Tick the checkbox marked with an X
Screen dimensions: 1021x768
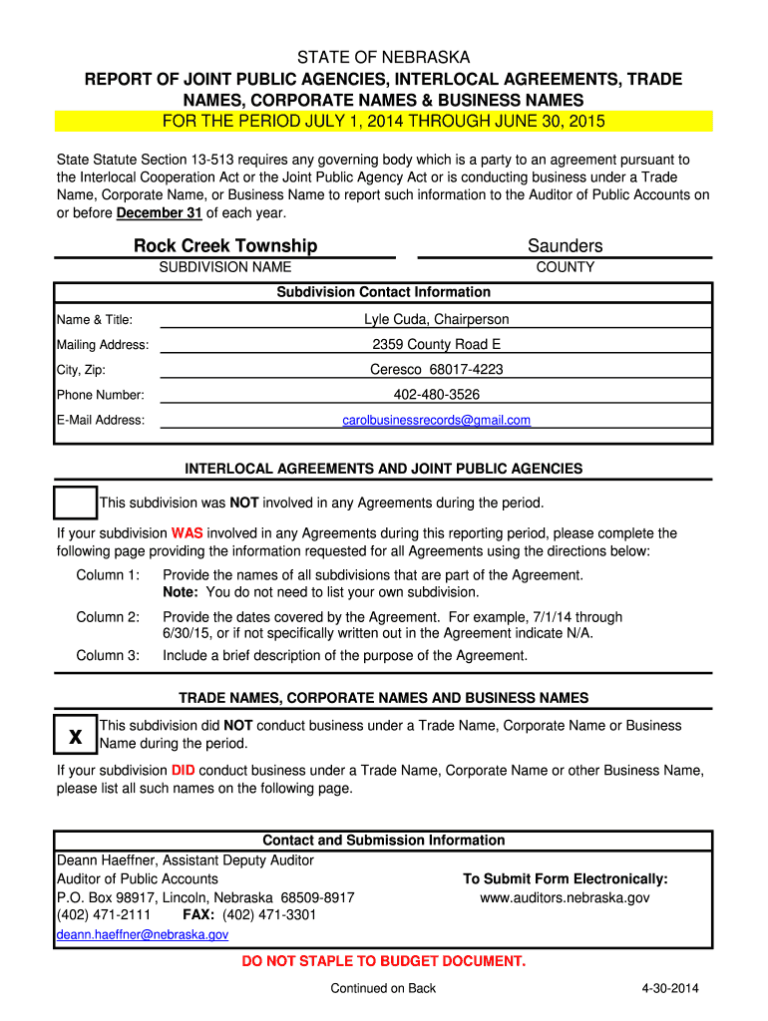click(75, 736)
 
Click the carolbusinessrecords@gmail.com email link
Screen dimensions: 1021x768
click(436, 420)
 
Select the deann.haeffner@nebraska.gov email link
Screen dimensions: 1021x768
click(143, 935)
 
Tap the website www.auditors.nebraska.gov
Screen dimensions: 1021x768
click(565, 897)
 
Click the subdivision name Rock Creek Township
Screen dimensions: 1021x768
click(225, 246)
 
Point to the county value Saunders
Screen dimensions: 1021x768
click(565, 246)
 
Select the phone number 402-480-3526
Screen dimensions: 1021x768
click(436, 395)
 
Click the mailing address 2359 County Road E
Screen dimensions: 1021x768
click(436, 345)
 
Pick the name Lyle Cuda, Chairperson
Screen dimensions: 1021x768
click(436, 319)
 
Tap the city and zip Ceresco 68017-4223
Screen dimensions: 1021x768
click(436, 370)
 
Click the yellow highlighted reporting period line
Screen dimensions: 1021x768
click(384, 122)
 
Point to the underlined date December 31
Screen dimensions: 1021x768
click(160, 213)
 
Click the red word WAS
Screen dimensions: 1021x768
click(187, 533)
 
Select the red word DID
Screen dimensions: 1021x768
click(183, 771)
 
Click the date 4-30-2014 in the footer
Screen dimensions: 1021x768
click(670, 989)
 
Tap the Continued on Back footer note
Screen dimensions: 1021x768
click(383, 989)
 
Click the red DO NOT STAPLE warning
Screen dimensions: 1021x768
click(384, 961)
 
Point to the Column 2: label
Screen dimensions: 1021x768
click(108, 617)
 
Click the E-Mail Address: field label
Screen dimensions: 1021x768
click(101, 420)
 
